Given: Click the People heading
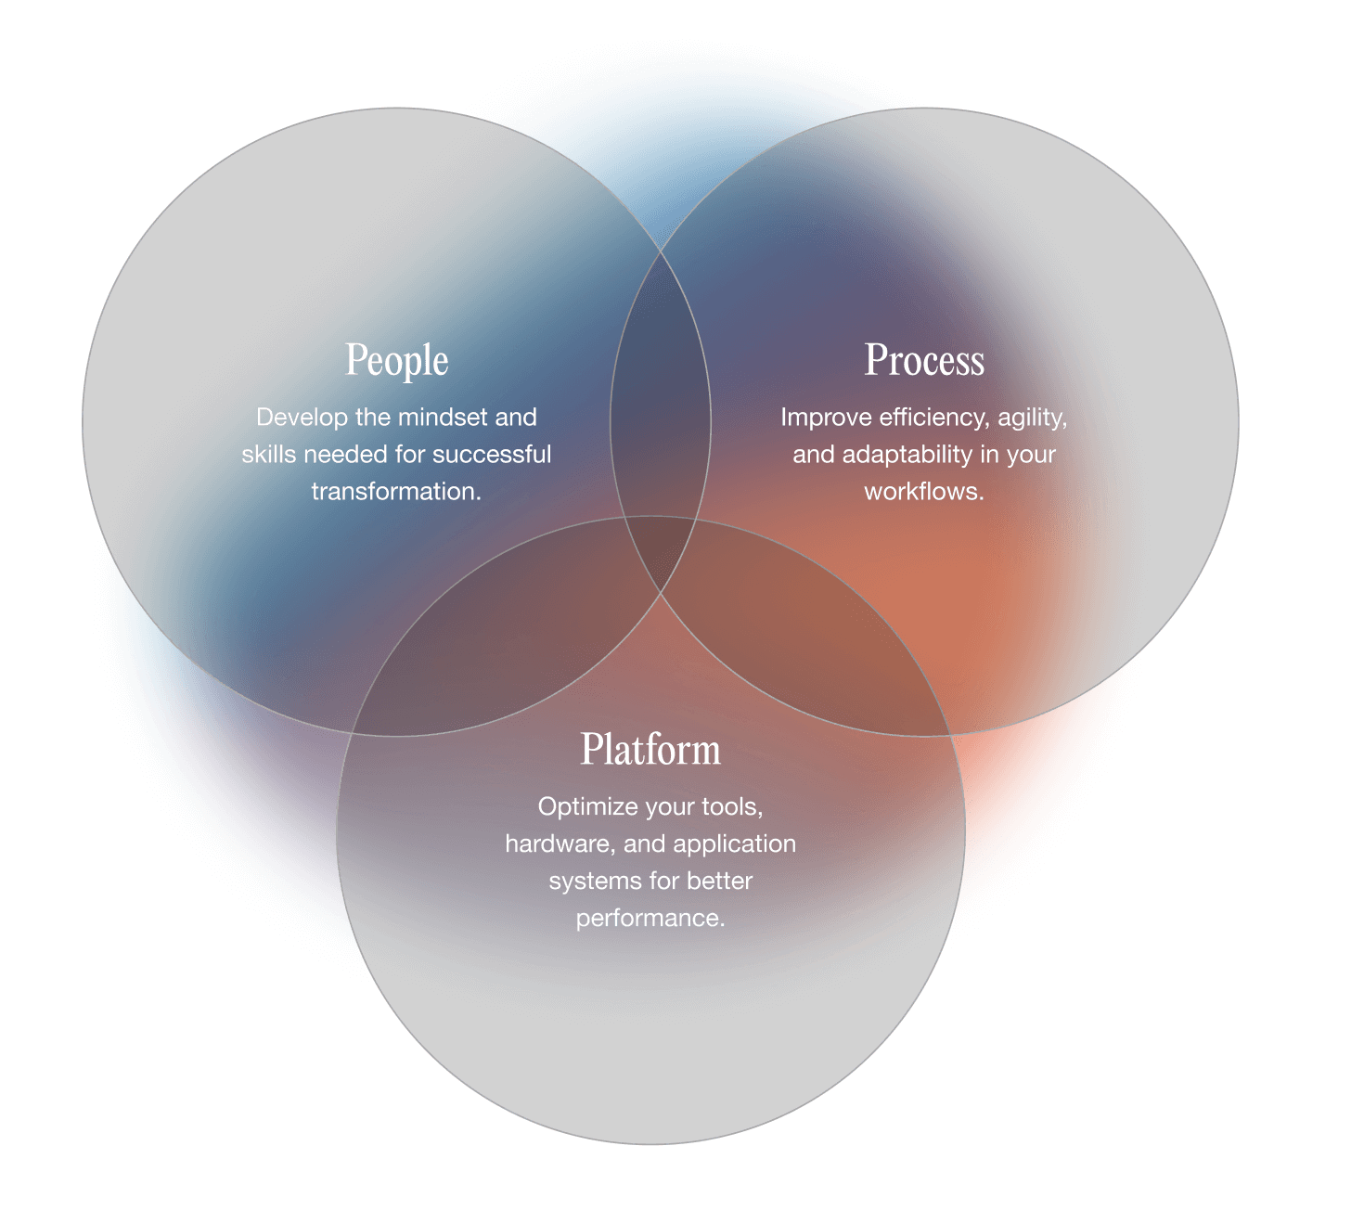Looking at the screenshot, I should [x=396, y=360].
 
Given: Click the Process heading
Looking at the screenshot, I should [x=924, y=360].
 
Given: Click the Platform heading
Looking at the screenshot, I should [x=650, y=750].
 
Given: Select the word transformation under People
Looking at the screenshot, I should [x=395, y=492].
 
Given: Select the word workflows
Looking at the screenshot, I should [x=923, y=492].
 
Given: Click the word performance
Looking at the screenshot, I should [x=650, y=919].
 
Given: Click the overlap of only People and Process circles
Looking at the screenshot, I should [x=660, y=390].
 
